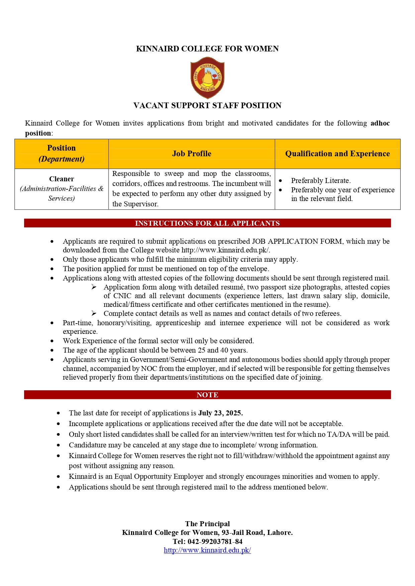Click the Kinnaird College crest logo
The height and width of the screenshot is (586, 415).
[207, 78]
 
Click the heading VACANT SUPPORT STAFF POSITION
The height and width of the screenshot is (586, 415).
[207, 106]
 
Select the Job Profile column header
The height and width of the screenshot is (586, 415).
[192, 154]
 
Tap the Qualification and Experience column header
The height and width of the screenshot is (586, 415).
[337, 154]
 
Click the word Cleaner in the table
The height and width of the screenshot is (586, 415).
[62, 179]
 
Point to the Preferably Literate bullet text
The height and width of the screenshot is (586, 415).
[321, 181]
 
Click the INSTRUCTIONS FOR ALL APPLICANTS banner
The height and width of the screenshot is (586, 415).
[207, 223]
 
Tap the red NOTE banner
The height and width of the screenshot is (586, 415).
[207, 395]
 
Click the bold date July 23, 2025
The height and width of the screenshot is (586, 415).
[220, 413]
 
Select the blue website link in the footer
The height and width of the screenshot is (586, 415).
[207, 550]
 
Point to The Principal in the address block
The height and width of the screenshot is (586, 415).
[207, 524]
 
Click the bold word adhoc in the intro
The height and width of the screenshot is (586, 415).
[380, 123]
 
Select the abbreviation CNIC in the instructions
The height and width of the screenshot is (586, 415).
[122, 296]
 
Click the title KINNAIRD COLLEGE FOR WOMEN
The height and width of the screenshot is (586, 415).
[207, 49]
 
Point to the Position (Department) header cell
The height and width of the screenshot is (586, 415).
[62, 154]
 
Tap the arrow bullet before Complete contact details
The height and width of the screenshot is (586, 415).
[94, 314]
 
